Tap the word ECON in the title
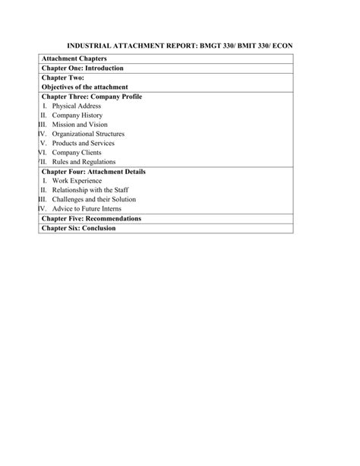tap(279, 46)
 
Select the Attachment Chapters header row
tap(74, 59)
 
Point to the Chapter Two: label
tap(63, 78)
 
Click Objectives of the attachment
tap(85, 87)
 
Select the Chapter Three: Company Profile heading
tap(91, 97)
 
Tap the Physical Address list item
tap(77, 106)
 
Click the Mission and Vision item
tap(80, 125)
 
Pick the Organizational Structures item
tap(88, 134)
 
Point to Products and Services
tap(84, 143)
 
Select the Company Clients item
tap(76, 152)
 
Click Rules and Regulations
tap(84, 162)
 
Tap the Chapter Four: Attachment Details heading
tap(93, 171)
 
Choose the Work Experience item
tap(77, 181)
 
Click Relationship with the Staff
tap(89, 190)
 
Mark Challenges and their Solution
tap(92, 199)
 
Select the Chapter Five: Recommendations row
tap(91, 218)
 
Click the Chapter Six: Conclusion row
tap(79, 227)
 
